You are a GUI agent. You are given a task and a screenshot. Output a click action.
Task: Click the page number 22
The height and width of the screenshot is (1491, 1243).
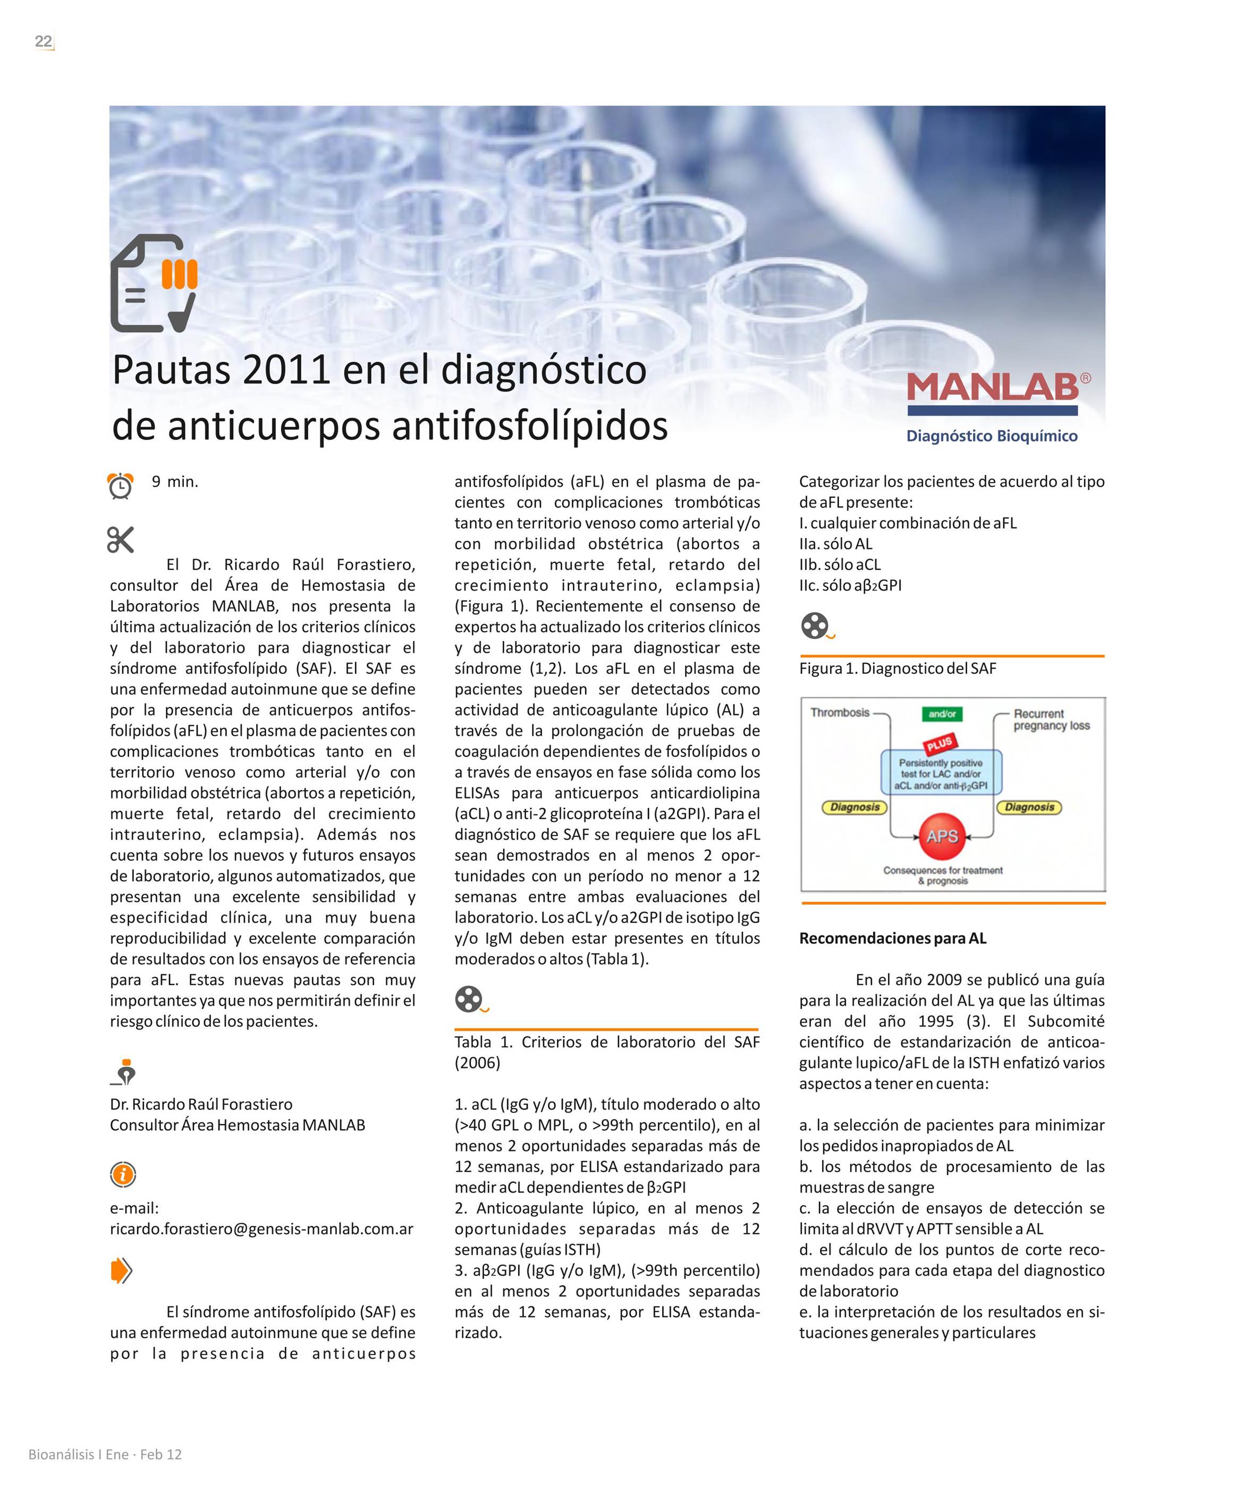[44, 41]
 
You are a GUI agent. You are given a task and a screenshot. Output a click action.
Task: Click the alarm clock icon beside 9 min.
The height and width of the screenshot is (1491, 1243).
[120, 486]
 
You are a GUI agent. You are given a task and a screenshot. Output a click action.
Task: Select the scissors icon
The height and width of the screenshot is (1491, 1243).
[120, 540]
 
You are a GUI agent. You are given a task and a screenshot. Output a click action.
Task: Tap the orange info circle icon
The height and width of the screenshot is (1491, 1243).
[123, 1175]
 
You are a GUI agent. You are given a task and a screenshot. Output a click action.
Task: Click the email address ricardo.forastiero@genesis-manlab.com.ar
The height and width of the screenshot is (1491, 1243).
[261, 1229]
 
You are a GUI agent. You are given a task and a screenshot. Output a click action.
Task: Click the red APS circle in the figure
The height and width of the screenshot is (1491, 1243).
[942, 837]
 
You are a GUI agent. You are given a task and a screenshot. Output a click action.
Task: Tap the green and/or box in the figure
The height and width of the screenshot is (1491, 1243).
[942, 714]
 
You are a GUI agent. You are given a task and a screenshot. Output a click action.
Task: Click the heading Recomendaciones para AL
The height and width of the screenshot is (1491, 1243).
[893, 938]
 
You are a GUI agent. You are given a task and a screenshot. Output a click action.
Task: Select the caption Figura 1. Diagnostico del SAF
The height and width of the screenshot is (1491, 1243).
[898, 668]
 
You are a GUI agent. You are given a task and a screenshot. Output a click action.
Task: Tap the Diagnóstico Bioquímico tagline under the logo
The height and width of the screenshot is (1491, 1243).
[992, 436]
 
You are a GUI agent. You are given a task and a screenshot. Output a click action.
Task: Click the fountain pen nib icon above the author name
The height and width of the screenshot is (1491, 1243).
[124, 1073]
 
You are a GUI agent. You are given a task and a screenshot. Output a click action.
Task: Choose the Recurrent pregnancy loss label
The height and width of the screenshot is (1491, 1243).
[1051, 719]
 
